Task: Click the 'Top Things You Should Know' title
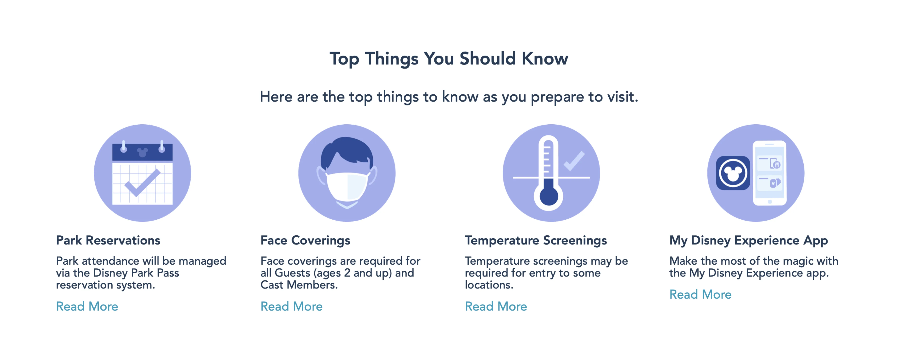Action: pyautogui.click(x=449, y=59)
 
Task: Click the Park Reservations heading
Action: pyautogui.click(x=108, y=240)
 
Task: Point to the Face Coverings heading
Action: pyautogui.click(x=305, y=241)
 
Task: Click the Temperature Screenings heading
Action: pyautogui.click(x=536, y=241)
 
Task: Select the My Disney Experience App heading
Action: pyautogui.click(x=749, y=241)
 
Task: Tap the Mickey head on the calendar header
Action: pyautogui.click(x=142, y=153)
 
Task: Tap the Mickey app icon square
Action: pyautogui.click(x=733, y=173)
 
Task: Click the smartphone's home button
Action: pyautogui.click(x=770, y=202)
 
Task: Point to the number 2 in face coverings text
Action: pyautogui.click(x=347, y=273)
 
